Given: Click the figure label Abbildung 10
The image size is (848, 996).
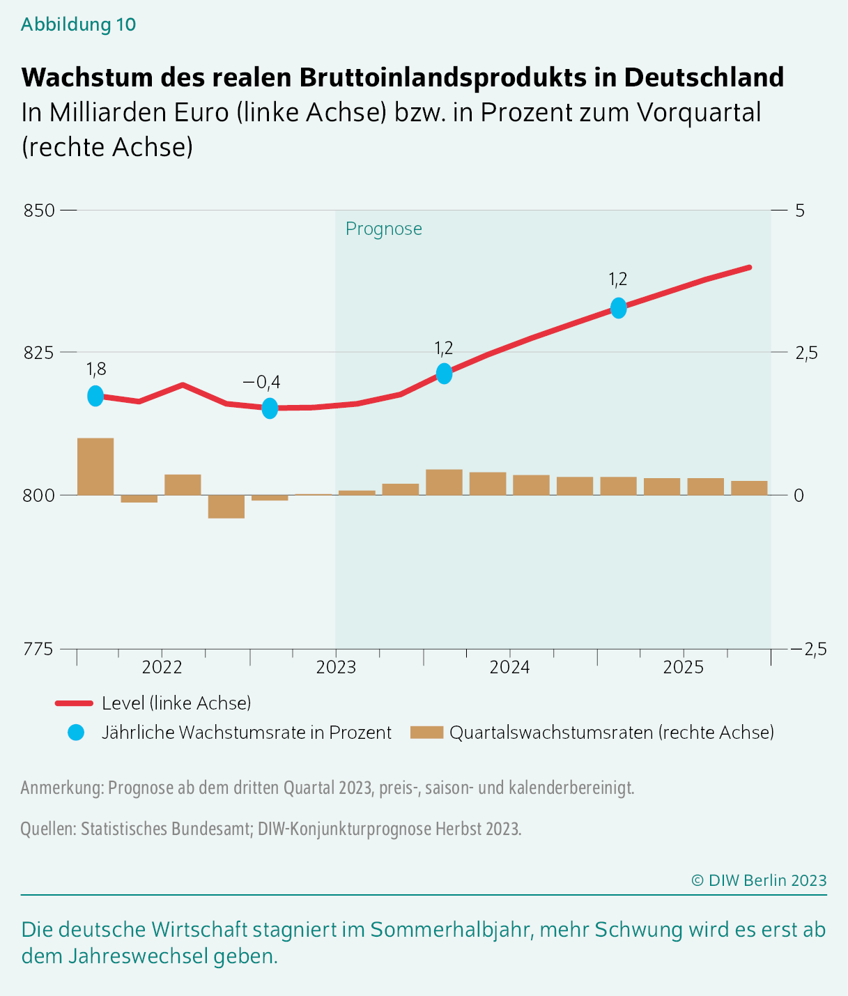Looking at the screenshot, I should (78, 24).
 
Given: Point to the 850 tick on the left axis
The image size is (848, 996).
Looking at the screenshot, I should (39, 210).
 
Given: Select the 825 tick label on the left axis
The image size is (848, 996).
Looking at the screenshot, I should (39, 353).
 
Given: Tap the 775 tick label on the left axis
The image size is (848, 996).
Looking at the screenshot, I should (39, 649).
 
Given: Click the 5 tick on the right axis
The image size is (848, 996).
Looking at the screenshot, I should (799, 210).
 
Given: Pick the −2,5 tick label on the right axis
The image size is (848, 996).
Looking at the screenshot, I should (808, 649).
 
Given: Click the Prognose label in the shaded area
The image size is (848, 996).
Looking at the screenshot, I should (383, 229).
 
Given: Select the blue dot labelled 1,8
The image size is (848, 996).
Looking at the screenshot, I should (95, 396).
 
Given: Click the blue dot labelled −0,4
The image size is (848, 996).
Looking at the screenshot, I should (270, 408).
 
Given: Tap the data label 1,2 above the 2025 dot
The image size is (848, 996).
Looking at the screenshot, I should (617, 279).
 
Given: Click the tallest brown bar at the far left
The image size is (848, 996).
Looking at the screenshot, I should (95, 466).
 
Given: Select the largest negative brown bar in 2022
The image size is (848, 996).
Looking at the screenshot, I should (226, 507).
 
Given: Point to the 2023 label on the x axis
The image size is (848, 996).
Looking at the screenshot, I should (336, 667).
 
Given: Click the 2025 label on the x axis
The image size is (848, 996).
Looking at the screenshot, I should (684, 667).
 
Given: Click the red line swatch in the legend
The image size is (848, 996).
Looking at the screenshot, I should (74, 703).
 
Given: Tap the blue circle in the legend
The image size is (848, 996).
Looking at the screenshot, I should (76, 733).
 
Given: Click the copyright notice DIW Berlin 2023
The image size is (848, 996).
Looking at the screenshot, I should (759, 880).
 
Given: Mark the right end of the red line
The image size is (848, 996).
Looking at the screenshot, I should (749, 267).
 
